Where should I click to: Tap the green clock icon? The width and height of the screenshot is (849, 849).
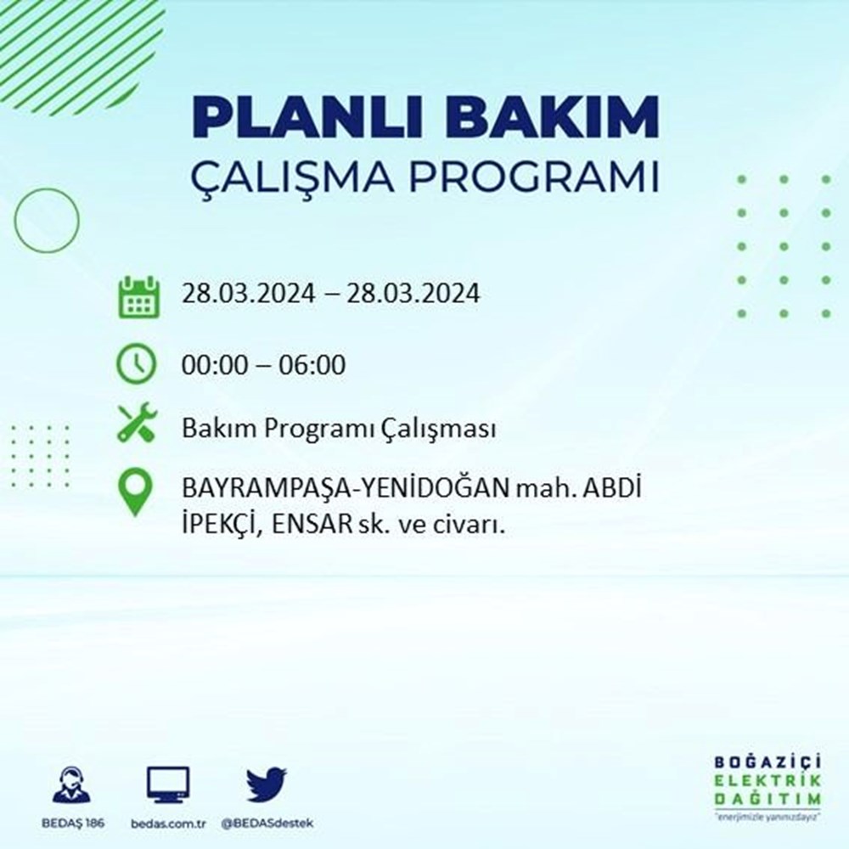pyautogui.click(x=137, y=364)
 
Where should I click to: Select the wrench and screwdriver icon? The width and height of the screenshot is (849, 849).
pyautogui.click(x=137, y=422)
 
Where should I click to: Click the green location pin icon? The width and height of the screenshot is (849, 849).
pyautogui.click(x=137, y=492)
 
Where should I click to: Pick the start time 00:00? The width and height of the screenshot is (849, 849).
pyautogui.click(x=211, y=365)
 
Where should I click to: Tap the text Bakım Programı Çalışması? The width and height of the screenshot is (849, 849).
pyautogui.click(x=338, y=430)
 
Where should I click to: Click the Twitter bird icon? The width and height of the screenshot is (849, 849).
pyautogui.click(x=267, y=784)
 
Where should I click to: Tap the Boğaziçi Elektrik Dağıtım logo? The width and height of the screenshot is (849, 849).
pyautogui.click(x=767, y=787)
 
